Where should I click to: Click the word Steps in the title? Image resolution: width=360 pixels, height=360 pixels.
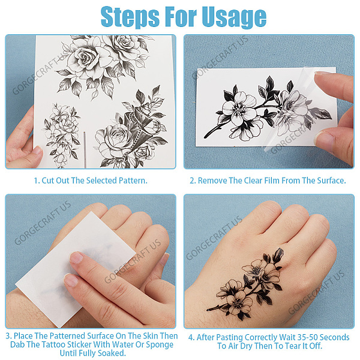[x=130, y=17]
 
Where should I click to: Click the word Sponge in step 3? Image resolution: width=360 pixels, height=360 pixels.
[x=160, y=345]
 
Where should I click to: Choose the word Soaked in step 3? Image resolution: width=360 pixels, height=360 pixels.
[x=112, y=353]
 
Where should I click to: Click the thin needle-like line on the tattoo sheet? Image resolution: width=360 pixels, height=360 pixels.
[x=85, y=149]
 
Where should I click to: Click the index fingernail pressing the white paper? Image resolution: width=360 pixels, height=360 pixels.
[x=76, y=257]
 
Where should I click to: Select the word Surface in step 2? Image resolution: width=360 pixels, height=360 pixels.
[x=331, y=181]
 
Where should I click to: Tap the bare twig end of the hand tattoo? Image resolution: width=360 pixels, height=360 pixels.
[x=208, y=310]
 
